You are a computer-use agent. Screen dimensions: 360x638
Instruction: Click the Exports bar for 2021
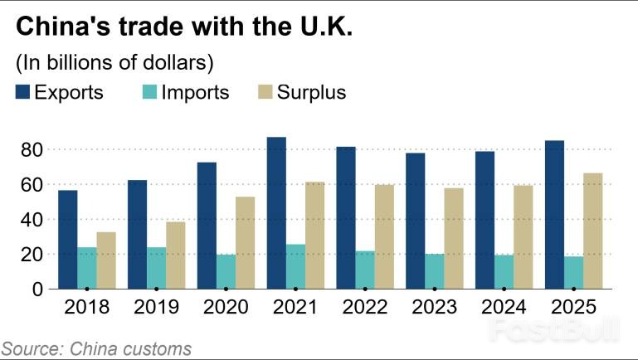pos(276,213)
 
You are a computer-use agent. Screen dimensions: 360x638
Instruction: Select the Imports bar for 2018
pos(87,268)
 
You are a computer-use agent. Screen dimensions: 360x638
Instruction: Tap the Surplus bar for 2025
pos(592,231)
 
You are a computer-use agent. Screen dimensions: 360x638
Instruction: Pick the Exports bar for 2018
pos(68,240)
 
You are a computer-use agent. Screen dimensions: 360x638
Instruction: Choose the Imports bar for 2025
pos(573,273)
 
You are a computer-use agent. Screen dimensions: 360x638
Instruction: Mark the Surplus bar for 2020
pos(246,243)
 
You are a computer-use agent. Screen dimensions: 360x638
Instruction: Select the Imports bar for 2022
pos(365,270)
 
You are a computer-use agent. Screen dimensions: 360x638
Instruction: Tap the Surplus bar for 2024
pos(523,237)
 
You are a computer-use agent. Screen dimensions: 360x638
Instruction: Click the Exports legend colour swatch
pos(22,92)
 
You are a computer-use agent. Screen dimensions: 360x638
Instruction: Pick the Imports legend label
pos(195,92)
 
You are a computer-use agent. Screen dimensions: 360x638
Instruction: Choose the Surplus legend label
pos(313,92)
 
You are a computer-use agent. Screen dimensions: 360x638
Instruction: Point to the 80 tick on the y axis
pos(33,150)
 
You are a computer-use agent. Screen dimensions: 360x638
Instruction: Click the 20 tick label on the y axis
pos(33,255)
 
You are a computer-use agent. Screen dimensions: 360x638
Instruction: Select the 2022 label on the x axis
pos(365,308)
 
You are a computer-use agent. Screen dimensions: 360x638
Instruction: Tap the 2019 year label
pos(157,308)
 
